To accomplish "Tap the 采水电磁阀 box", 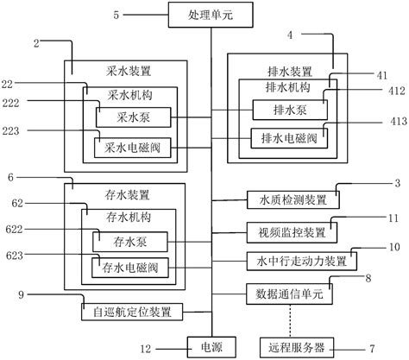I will tap(134, 147).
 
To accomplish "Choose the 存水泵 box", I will tap(129, 237).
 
